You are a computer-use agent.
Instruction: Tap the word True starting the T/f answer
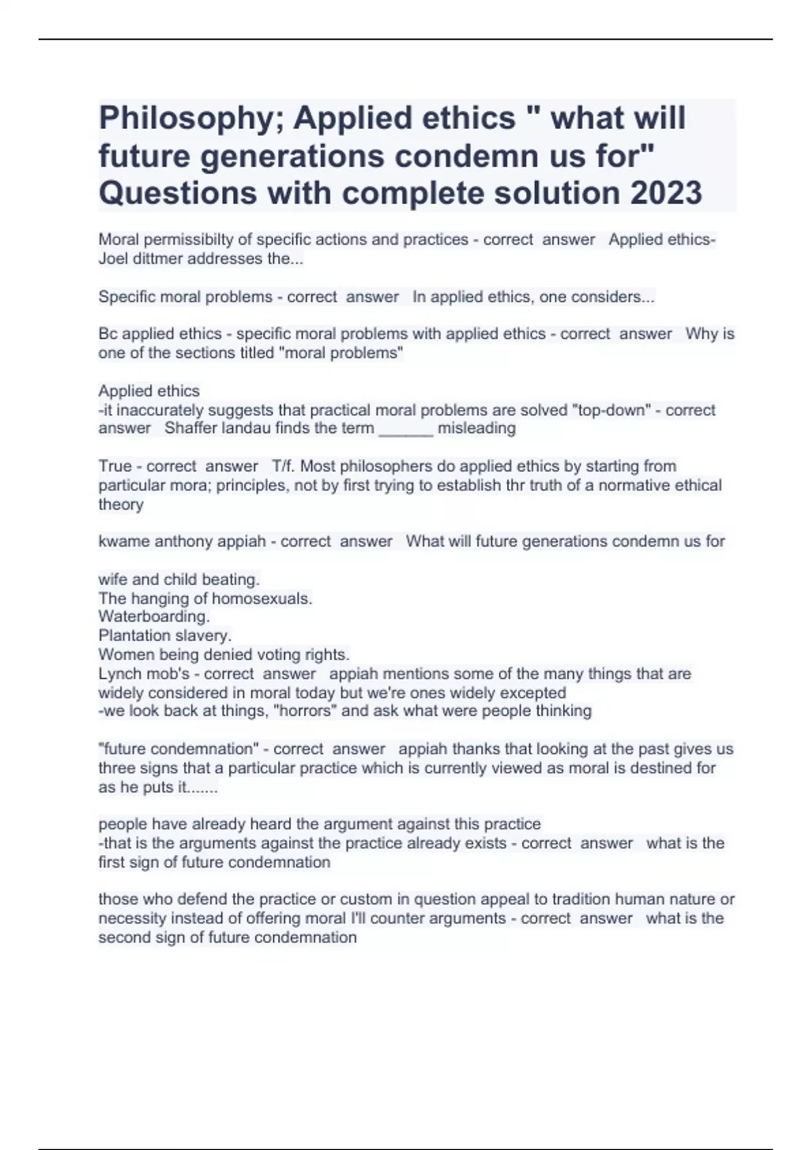pos(115,466)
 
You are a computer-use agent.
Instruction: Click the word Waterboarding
pos(154,616)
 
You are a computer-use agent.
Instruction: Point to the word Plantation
pos(131,635)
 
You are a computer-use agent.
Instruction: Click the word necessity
pos(132,918)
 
